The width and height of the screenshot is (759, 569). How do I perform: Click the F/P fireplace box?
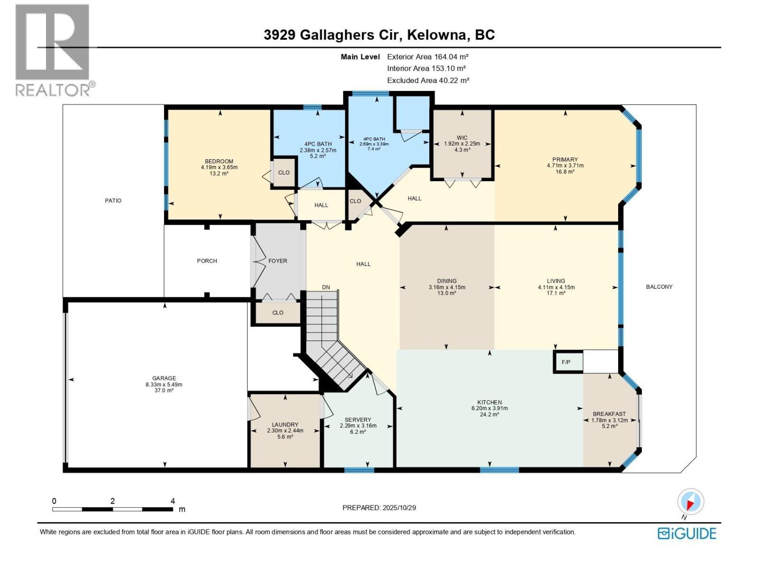coord(565,362)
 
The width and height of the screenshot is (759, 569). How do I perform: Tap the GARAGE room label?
coord(164,378)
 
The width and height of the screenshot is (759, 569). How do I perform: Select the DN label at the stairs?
coord(326,287)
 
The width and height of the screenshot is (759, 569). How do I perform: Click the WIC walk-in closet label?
coord(462,138)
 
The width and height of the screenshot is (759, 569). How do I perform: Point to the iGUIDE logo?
coord(687,533)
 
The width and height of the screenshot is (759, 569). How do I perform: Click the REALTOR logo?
coord(53,50)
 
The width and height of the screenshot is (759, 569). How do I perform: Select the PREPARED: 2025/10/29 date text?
coord(379,508)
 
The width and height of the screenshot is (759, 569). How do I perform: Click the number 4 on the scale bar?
coord(173,501)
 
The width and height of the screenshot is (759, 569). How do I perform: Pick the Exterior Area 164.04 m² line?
coord(428,56)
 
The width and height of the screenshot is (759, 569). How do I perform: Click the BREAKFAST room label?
coord(609,414)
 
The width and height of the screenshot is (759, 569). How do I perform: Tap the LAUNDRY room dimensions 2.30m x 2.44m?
coord(285,431)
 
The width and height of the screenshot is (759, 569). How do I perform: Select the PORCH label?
coord(207,261)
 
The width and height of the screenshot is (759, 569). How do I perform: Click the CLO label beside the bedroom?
coord(284,173)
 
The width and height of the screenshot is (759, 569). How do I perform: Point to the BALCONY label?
coord(659,287)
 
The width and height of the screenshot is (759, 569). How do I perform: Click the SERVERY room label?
coord(358,420)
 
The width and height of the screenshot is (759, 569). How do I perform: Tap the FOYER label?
coord(278,261)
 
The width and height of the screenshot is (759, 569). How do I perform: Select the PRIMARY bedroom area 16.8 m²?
coord(565,172)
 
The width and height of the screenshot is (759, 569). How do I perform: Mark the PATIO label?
coord(113,201)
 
